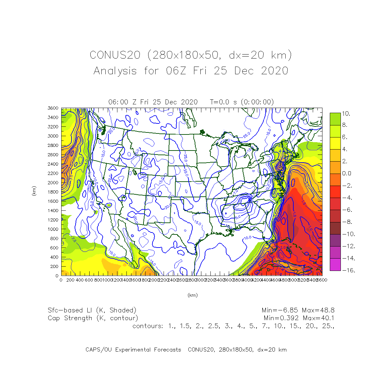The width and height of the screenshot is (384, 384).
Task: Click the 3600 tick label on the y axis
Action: click(x=53, y=108)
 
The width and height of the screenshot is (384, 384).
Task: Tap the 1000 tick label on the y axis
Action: click(x=53, y=229)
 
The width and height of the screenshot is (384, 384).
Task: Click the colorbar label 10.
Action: click(x=346, y=114)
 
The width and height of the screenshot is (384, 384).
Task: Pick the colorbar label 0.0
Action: click(x=347, y=173)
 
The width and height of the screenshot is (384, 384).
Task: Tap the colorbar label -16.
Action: click(x=348, y=270)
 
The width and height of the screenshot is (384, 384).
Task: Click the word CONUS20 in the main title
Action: click(x=115, y=55)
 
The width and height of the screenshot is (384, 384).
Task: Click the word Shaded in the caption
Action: click(x=123, y=310)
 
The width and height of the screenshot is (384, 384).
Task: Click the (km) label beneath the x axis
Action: click(x=192, y=295)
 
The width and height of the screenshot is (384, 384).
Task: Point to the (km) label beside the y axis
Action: click(x=34, y=191)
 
